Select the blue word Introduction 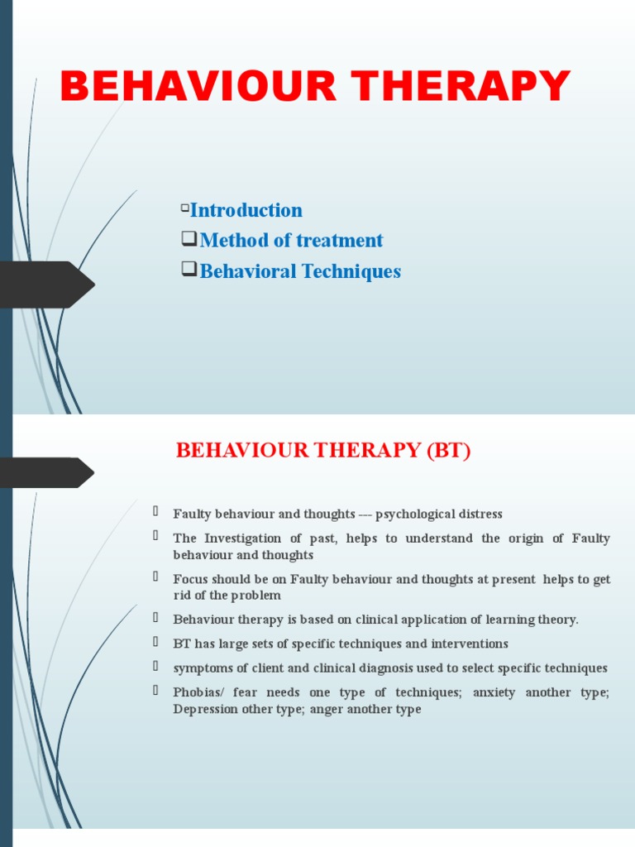tap(246, 210)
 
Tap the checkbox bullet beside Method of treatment tap(189, 240)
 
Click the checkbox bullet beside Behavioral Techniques tap(189, 270)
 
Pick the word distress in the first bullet tap(476, 514)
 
